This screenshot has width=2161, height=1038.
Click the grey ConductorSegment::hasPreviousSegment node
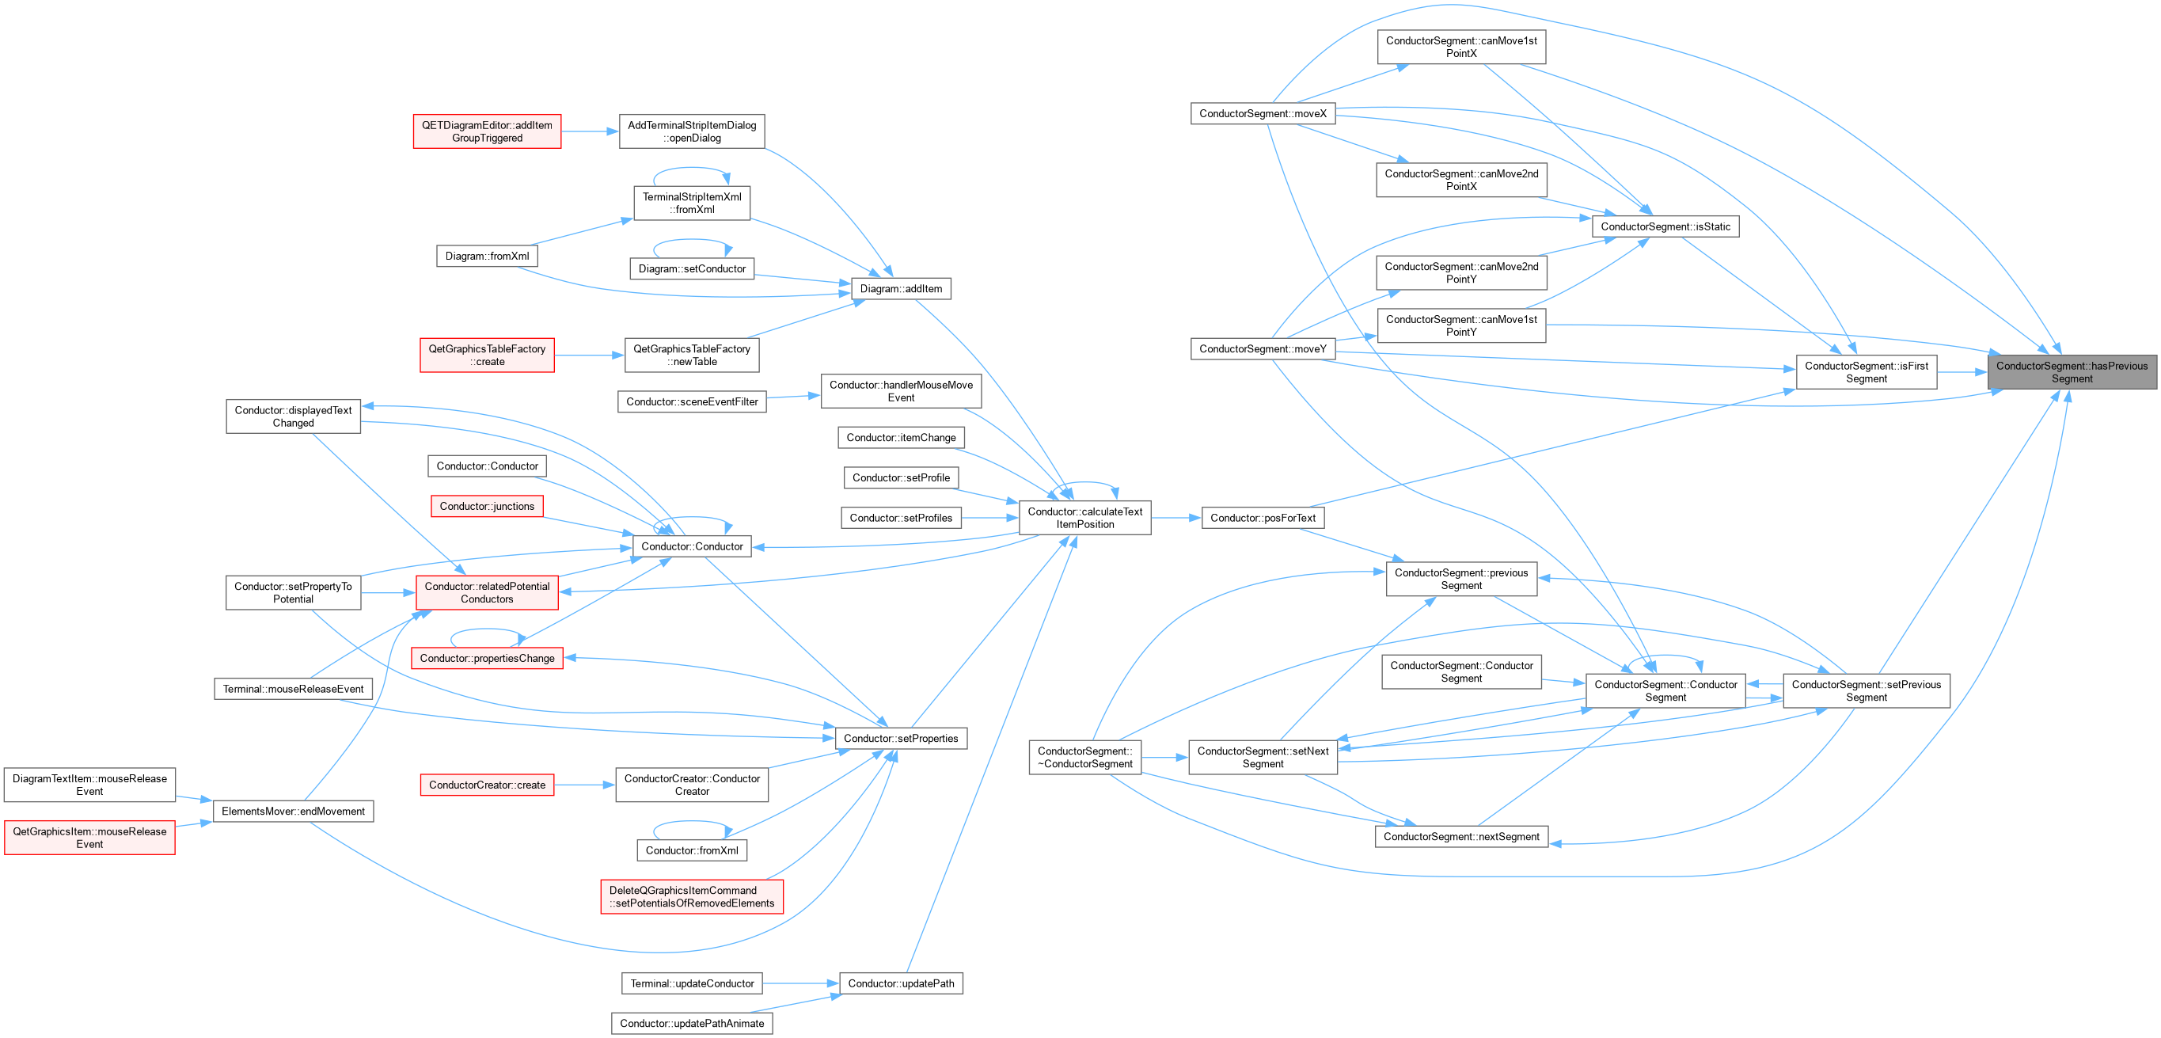(x=2072, y=372)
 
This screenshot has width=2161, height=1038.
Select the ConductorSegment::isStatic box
(x=1665, y=226)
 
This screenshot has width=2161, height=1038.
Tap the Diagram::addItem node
(x=901, y=289)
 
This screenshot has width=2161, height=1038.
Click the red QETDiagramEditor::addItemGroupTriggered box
(x=487, y=131)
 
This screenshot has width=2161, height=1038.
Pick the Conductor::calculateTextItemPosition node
(x=1084, y=518)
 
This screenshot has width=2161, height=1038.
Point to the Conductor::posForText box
(x=1263, y=518)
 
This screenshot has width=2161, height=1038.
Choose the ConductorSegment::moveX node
(x=1263, y=113)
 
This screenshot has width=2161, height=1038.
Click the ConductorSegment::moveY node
(x=1263, y=349)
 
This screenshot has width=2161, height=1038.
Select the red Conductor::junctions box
(x=487, y=506)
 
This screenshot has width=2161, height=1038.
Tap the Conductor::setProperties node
(x=901, y=739)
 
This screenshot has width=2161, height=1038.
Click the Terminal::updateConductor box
(x=692, y=983)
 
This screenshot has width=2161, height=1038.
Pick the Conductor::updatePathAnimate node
(x=692, y=1024)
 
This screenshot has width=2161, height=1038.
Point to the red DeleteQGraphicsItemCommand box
(x=692, y=896)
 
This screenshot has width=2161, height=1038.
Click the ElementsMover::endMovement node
(x=293, y=812)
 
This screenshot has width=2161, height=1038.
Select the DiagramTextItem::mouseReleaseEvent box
(x=89, y=785)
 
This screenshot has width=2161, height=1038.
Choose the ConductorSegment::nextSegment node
(x=1461, y=837)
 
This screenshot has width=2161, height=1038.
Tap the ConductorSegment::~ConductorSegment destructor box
(x=1084, y=757)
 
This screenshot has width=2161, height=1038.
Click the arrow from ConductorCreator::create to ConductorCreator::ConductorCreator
(x=585, y=785)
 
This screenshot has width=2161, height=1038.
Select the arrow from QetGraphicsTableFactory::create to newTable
(x=590, y=356)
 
